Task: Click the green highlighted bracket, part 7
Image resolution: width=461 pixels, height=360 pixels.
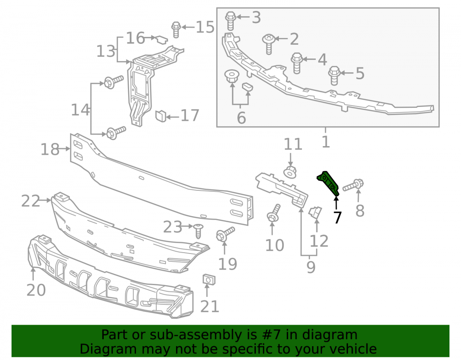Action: click(x=328, y=183)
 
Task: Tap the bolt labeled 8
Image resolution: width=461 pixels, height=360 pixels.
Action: click(x=353, y=185)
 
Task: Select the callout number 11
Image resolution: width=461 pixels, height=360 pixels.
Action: click(x=293, y=144)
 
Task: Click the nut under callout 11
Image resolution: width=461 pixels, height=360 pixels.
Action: click(x=290, y=172)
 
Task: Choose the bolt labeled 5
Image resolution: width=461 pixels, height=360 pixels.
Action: click(x=334, y=76)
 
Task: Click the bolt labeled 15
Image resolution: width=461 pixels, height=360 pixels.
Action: click(x=176, y=30)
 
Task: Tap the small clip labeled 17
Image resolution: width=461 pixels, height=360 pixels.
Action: click(x=160, y=116)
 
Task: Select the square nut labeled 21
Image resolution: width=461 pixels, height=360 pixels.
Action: click(x=209, y=279)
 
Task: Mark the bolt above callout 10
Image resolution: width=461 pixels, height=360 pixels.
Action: click(x=273, y=213)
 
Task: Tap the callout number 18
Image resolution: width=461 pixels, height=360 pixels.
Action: click(x=50, y=150)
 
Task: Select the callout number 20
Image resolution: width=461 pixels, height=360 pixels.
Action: click(x=36, y=290)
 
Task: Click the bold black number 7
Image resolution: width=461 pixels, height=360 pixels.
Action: click(x=337, y=218)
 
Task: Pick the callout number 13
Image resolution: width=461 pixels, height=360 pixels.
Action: click(x=106, y=51)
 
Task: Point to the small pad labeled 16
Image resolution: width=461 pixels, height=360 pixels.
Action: click(x=161, y=39)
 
